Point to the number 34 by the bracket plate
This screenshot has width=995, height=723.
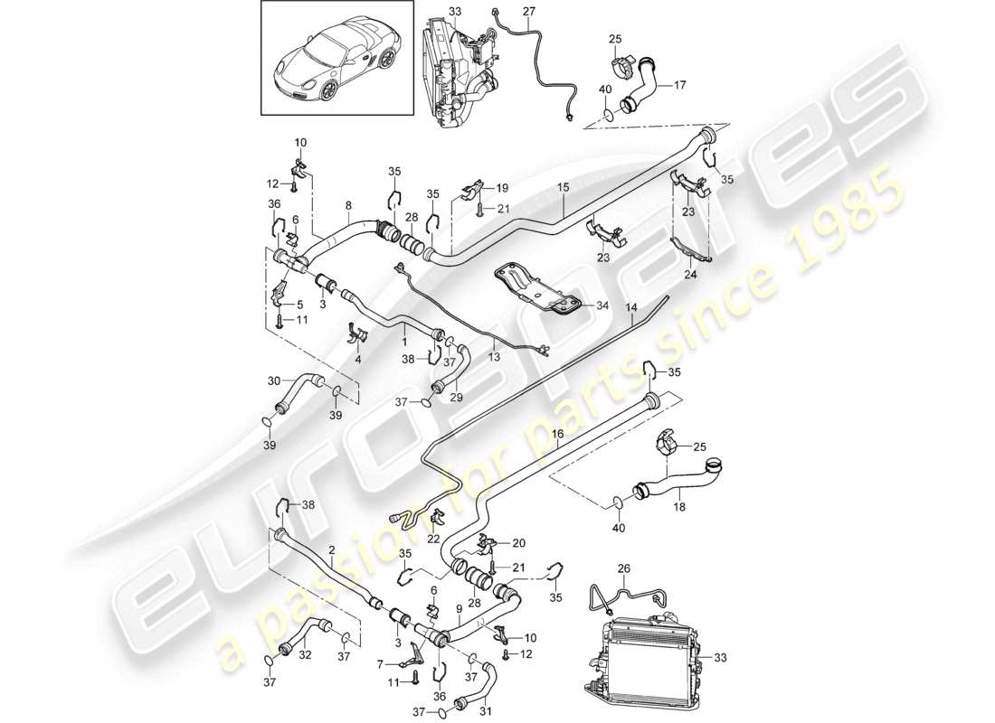[602, 305]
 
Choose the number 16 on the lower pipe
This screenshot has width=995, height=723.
[558, 435]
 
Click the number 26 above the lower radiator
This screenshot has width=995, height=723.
[622, 569]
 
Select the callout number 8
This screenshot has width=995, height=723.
[349, 206]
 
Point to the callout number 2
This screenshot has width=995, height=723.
[332, 549]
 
